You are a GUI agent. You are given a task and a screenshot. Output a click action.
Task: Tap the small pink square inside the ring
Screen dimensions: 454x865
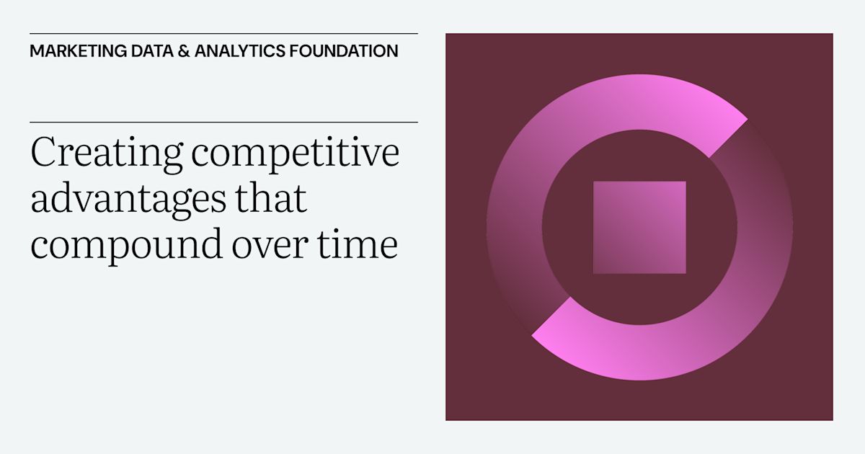click(x=639, y=227)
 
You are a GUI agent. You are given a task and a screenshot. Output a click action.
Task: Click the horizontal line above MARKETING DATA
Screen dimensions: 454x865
click(x=223, y=33)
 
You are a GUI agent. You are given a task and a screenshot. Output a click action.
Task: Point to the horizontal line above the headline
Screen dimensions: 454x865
click(x=223, y=122)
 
